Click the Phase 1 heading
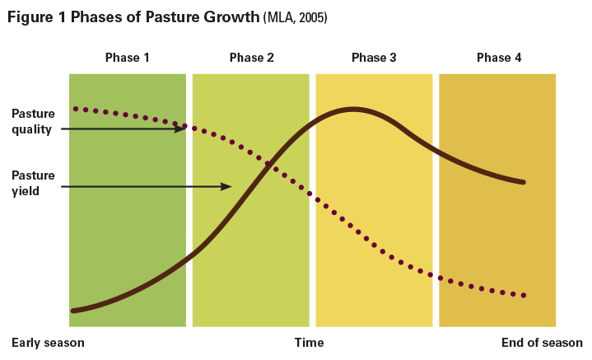click(128, 58)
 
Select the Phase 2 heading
click(252, 58)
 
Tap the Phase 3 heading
click(374, 58)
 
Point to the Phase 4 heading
click(499, 58)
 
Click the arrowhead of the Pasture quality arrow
click(181, 129)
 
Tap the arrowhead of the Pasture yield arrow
click(228, 187)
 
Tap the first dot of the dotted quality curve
click(75, 108)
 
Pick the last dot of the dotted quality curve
click(524, 295)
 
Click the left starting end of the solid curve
click(73, 311)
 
